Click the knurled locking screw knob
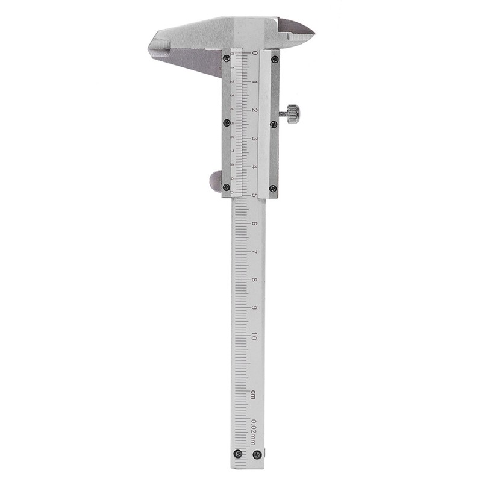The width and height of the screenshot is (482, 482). (x=293, y=113)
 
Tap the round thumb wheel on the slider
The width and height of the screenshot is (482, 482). (x=215, y=181)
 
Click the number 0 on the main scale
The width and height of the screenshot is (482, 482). (x=255, y=54)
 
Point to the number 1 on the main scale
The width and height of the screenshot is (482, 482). (x=255, y=82)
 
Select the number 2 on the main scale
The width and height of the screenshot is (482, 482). (x=255, y=110)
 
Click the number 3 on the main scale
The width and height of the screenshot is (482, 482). (x=255, y=139)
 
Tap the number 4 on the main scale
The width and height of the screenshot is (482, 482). (x=255, y=167)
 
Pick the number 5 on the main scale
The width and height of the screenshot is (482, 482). (x=255, y=195)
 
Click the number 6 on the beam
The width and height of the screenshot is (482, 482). (x=254, y=224)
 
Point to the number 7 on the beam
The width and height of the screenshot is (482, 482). (x=254, y=252)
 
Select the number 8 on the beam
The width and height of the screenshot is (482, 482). (x=254, y=280)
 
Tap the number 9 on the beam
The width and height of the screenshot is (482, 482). (x=254, y=308)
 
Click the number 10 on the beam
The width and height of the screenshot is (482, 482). (x=254, y=337)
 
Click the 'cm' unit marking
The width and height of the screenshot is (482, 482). (x=254, y=395)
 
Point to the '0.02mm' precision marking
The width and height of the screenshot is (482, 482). (x=254, y=431)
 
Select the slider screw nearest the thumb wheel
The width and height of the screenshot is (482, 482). (x=227, y=187)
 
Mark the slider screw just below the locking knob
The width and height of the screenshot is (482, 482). (x=274, y=125)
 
